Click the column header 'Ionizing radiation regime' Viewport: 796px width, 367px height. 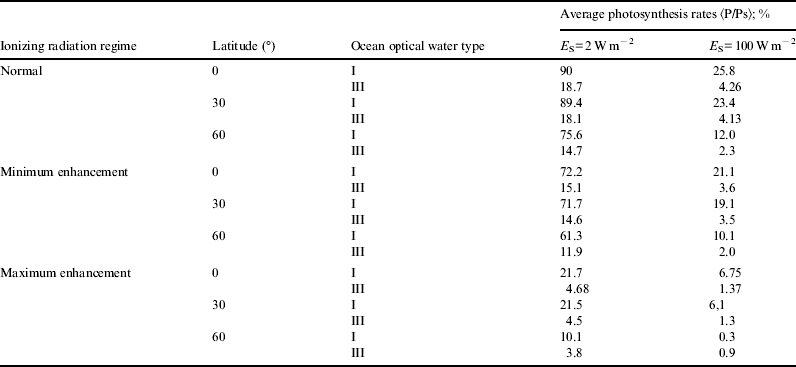[68, 48]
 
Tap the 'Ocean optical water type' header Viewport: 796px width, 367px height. [410, 48]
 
